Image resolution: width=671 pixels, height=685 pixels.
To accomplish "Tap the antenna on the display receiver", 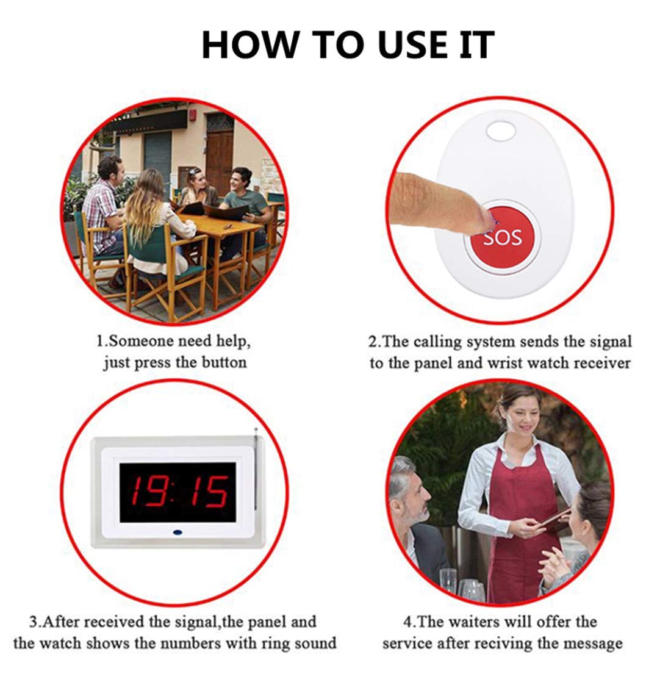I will coord(256,470).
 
